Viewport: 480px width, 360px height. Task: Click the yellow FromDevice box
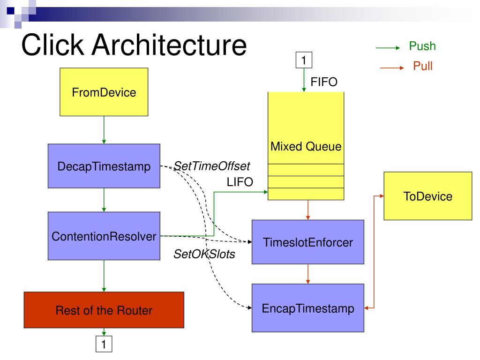click(104, 92)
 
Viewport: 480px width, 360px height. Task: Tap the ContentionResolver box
click(104, 236)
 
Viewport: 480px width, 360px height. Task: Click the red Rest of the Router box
click(104, 310)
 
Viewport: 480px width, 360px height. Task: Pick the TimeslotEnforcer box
click(307, 242)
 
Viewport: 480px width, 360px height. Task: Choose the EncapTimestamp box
click(307, 307)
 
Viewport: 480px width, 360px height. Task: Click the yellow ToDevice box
click(427, 196)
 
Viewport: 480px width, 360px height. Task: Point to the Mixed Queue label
click(306, 147)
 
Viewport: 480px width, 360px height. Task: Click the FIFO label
click(324, 82)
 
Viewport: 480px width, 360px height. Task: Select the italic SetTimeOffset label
click(212, 165)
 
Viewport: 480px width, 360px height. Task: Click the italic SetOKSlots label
click(204, 255)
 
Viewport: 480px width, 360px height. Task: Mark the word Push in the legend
click(422, 46)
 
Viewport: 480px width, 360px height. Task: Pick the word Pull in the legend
click(423, 66)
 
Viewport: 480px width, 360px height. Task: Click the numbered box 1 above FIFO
click(304, 60)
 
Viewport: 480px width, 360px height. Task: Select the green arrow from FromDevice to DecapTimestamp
click(104, 130)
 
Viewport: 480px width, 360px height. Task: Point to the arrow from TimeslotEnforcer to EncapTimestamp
click(307, 274)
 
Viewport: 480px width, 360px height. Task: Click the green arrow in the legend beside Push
click(389, 47)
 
